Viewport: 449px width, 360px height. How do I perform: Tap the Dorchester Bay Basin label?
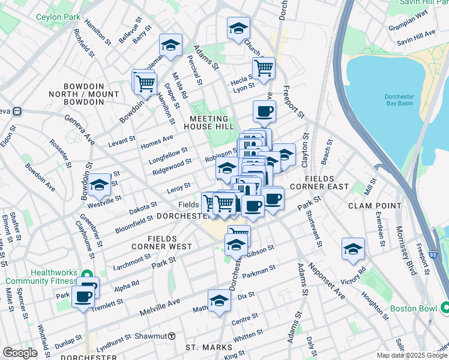coord(399,100)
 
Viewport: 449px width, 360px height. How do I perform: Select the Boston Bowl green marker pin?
coord(445,308)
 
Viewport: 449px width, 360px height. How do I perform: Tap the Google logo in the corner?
coord(20,353)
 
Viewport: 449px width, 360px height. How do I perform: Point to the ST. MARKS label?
coord(208,347)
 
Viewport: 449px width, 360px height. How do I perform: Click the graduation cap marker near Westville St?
coord(99,185)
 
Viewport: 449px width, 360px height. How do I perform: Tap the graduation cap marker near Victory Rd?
coord(353,248)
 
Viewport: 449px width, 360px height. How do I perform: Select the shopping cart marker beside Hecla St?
coord(263,68)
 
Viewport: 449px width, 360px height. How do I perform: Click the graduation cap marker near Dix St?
coord(219,301)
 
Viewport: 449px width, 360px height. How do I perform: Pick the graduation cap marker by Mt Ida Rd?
coord(170,45)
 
